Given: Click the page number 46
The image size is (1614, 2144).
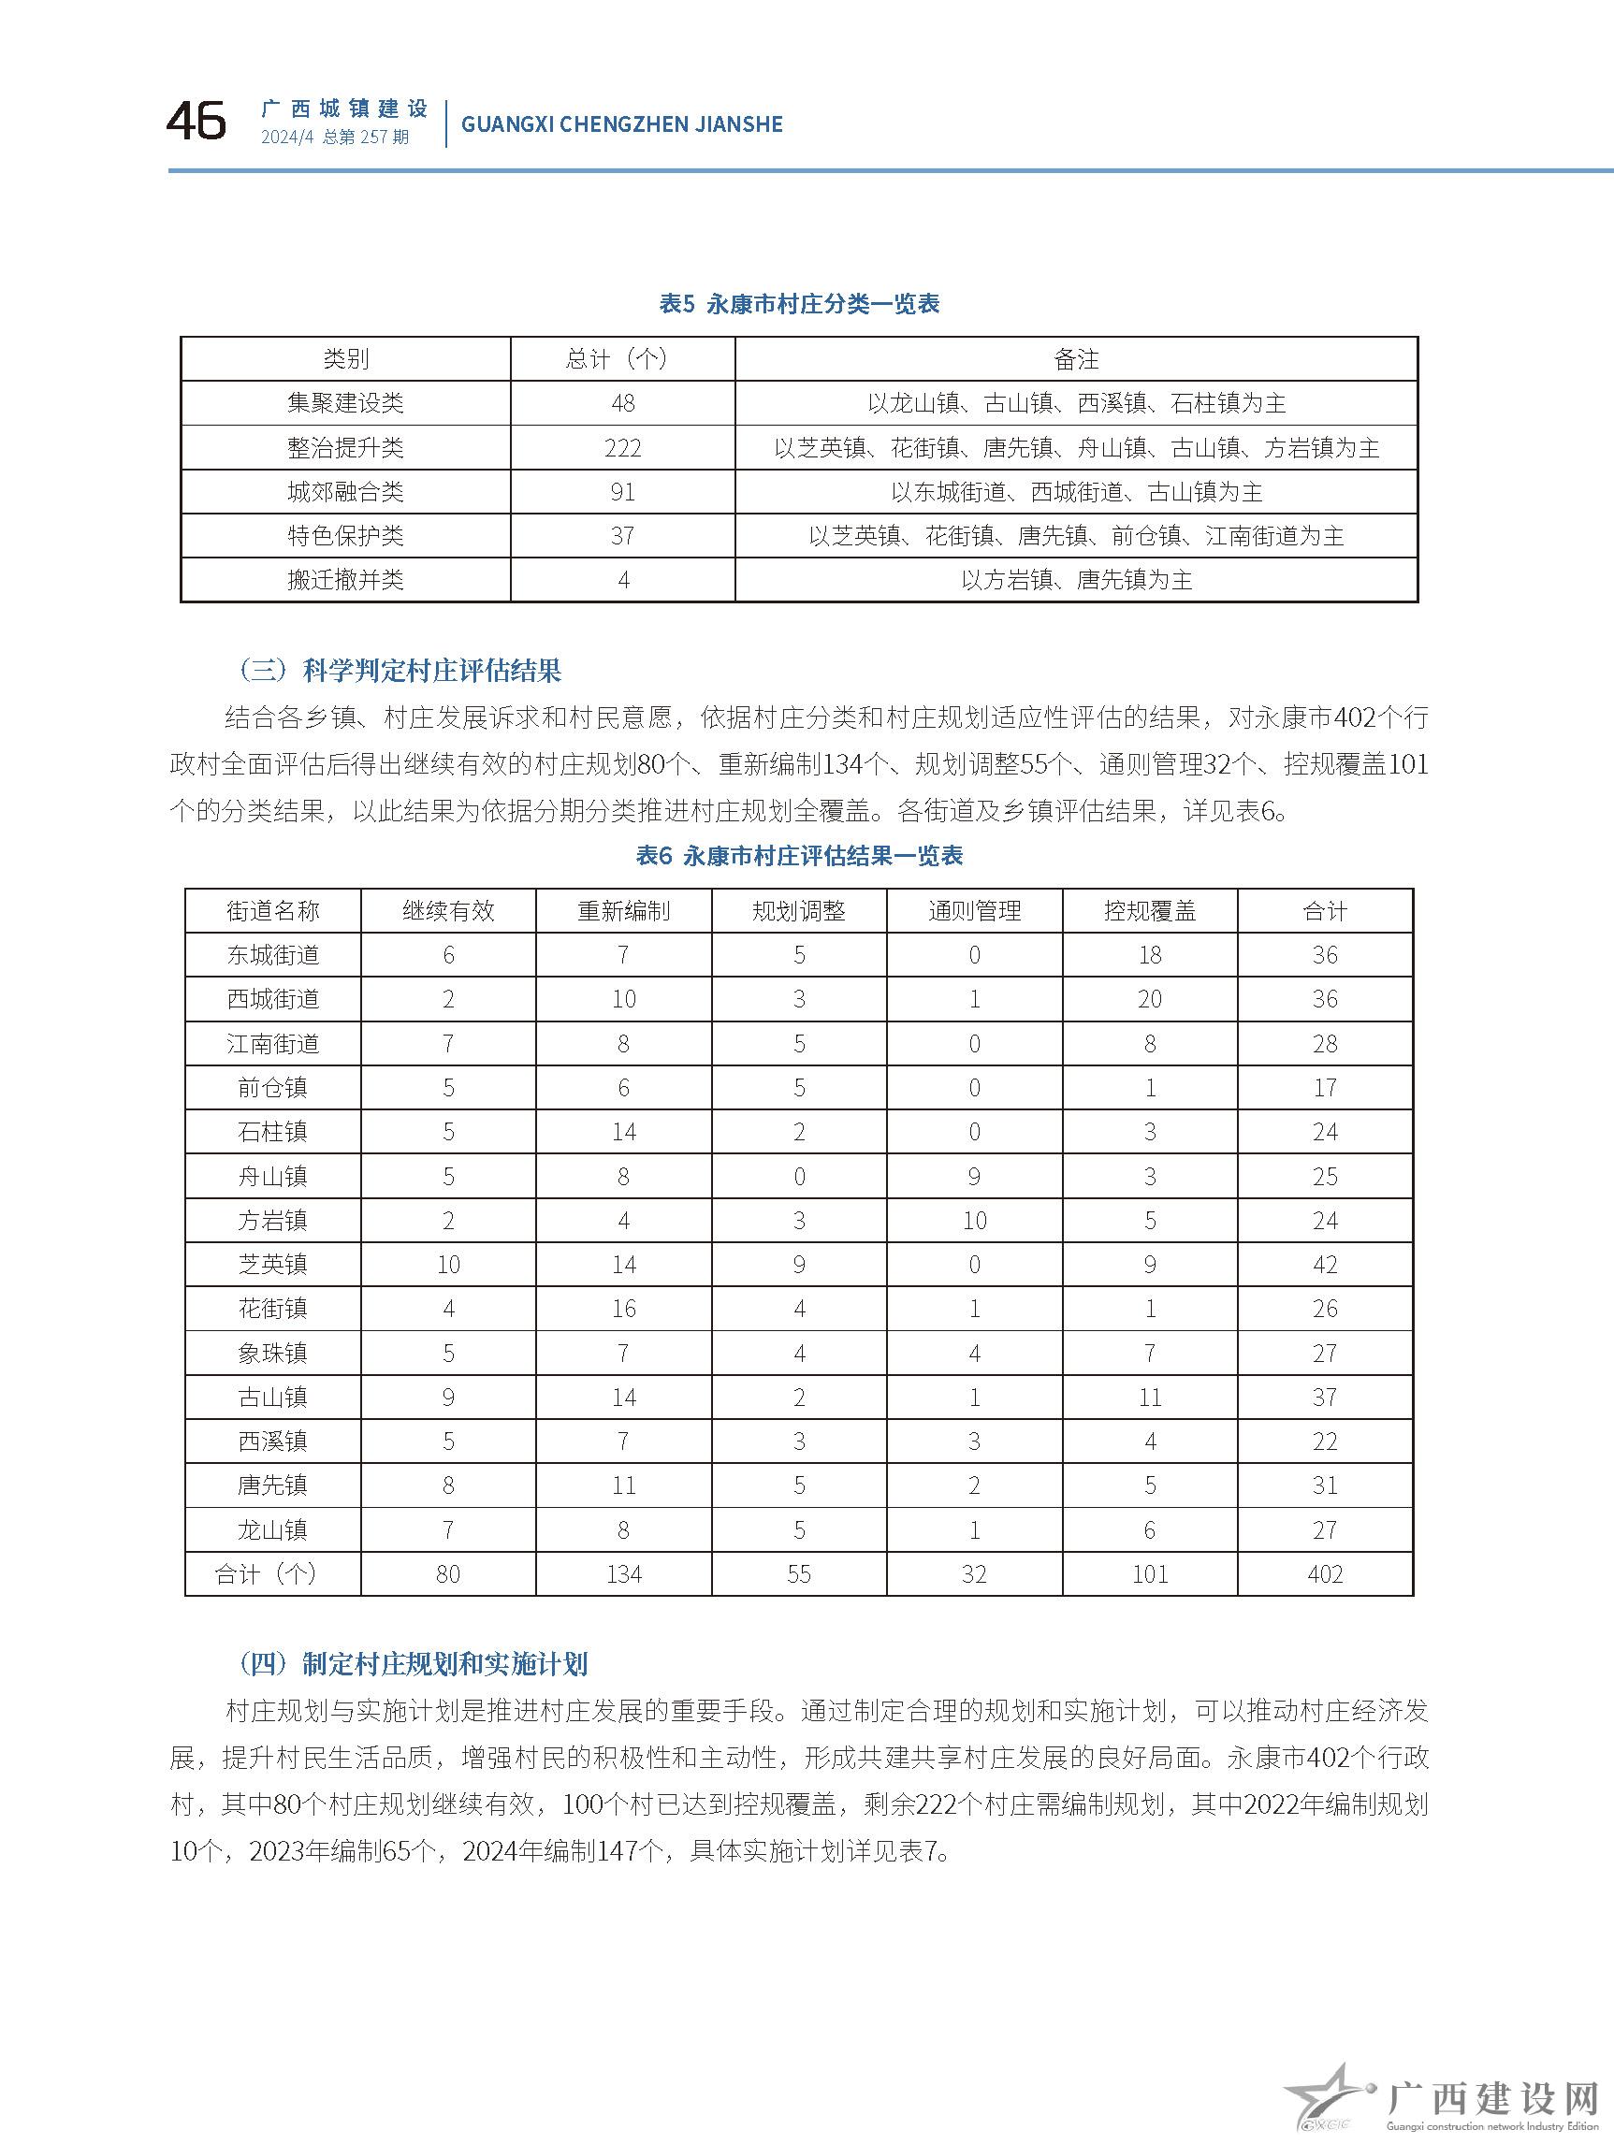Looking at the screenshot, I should (196, 122).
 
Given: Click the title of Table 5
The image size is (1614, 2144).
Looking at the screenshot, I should (799, 303).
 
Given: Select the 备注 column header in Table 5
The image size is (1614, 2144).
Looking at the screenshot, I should (1076, 359).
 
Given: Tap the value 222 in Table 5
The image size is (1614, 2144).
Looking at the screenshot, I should (622, 448).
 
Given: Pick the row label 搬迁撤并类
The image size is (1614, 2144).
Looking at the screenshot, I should (345, 580).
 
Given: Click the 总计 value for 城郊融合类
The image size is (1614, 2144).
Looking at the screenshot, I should (622, 492).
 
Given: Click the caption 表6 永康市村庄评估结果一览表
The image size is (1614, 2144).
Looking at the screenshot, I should (799, 856).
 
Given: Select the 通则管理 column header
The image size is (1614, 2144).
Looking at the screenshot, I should (974, 911).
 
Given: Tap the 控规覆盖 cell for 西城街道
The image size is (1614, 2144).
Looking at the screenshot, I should (1150, 999).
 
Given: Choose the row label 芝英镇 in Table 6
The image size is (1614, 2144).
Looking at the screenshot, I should (272, 1264).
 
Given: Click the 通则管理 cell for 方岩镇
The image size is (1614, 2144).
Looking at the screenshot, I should (974, 1221).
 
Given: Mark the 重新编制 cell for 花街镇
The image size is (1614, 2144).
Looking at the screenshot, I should (623, 1309).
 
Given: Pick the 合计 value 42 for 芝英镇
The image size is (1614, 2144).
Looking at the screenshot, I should (1324, 1264).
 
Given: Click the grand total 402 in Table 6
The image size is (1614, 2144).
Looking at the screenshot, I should (1324, 1574).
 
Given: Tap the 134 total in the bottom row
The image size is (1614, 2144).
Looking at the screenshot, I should (623, 1574).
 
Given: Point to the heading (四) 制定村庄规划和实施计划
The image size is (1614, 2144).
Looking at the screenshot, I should (413, 1664).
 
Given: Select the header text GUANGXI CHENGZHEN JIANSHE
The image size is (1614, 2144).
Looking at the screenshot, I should (621, 124).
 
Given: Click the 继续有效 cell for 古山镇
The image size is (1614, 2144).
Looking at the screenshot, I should (448, 1397).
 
